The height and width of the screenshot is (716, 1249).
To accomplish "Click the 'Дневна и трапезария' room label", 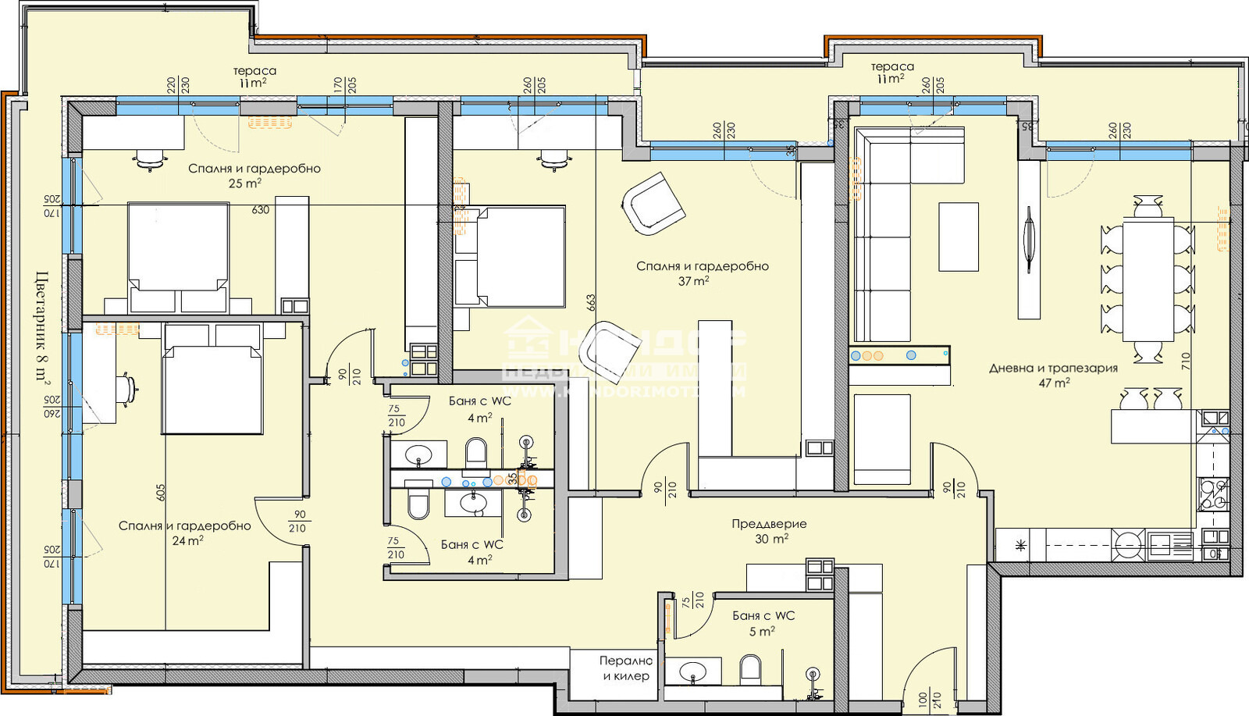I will pos(1053,375).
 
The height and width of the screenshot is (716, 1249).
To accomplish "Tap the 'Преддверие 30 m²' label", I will pos(770,531).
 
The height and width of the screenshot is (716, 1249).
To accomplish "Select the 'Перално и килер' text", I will pos(626,668).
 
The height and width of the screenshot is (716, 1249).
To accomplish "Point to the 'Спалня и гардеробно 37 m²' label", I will pos(702,273).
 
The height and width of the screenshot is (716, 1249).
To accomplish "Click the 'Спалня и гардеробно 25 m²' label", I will pos(254,175).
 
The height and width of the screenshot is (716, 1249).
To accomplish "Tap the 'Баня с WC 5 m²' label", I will pos(763,623).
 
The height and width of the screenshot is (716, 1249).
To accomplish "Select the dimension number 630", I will pos(261,210).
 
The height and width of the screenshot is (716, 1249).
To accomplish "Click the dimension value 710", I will pos(1187,360).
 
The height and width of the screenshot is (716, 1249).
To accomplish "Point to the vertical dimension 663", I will pos(591,302).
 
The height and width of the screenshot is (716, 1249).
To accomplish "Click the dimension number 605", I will pos(161,493).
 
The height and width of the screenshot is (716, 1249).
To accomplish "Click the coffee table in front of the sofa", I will pos(958,237).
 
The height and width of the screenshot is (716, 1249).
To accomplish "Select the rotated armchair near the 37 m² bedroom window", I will pos(653,204).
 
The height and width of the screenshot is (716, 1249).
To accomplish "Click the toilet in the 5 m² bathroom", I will pos(749,669).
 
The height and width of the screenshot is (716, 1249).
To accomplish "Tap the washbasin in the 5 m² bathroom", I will pos(692,671).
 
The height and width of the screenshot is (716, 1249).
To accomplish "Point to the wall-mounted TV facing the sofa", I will pos(1028,239).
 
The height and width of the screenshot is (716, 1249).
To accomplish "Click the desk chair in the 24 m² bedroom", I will pos(128,388).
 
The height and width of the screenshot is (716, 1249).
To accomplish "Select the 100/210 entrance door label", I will pos(930,699).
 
